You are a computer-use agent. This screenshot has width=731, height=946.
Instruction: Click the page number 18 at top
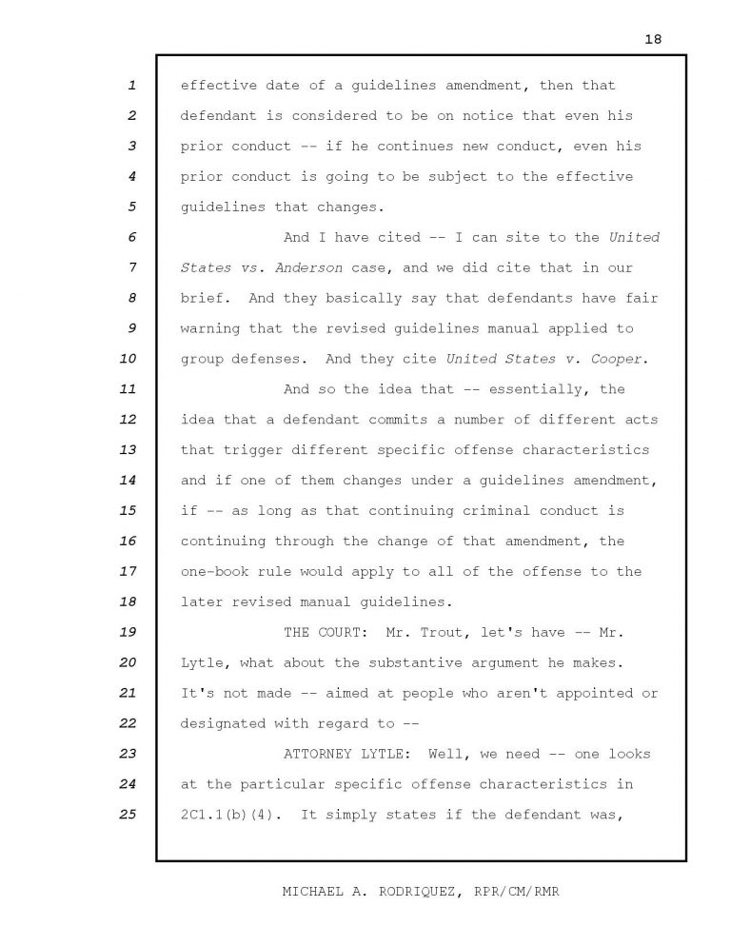click(652, 39)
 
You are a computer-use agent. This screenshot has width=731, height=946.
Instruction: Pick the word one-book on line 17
click(214, 571)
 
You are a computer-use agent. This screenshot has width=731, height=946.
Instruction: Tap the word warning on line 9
click(209, 328)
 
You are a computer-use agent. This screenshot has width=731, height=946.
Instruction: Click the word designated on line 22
click(224, 723)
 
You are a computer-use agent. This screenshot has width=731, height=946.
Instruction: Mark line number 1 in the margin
click(131, 86)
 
